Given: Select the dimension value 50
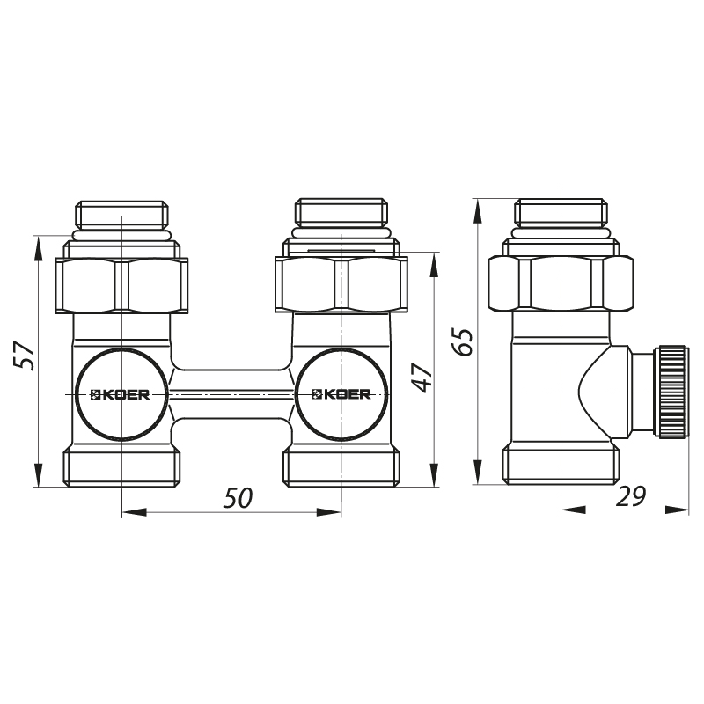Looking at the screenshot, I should (238, 498).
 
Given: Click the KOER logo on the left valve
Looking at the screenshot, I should (121, 393).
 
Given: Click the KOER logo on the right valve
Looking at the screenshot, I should (341, 393).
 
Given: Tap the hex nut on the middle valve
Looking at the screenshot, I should (341, 284).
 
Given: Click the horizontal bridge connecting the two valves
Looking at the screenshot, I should (231, 393).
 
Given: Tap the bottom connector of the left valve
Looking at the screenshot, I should (121, 466).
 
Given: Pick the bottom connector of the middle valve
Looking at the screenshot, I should (341, 466).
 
